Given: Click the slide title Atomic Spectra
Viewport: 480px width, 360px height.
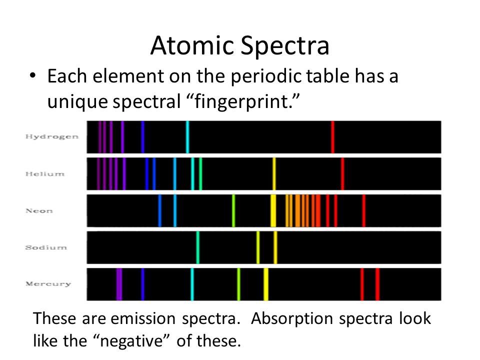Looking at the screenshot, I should pos(239,46).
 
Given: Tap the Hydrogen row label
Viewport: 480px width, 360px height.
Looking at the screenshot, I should pos(52,137).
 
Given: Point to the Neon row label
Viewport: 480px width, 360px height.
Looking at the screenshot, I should pos(39,210).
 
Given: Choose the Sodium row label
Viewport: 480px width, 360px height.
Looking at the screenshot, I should pos(46,247).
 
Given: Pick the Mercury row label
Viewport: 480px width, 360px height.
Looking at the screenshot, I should pos(48,284).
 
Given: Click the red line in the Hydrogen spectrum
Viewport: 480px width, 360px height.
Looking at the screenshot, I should pos(332,137).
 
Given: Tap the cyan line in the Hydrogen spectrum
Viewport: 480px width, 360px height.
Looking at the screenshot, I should pos(187,137).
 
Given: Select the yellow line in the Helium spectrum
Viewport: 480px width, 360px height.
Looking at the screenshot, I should pos(274,174).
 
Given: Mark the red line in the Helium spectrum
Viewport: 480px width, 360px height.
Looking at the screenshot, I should pos(342,174).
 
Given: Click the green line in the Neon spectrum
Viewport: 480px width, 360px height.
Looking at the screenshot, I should pos(233,210).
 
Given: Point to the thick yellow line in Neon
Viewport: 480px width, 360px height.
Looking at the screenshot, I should pos(273,210).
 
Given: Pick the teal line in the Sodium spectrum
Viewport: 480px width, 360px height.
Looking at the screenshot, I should pos(198,247).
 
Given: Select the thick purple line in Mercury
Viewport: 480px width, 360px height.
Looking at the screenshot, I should pos(119,284).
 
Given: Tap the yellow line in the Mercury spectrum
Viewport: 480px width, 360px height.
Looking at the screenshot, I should pos(266,284).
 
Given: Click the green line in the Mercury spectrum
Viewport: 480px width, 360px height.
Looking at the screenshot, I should pos(238,284).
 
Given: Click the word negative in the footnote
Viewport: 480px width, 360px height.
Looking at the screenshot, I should pos(130,342).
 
